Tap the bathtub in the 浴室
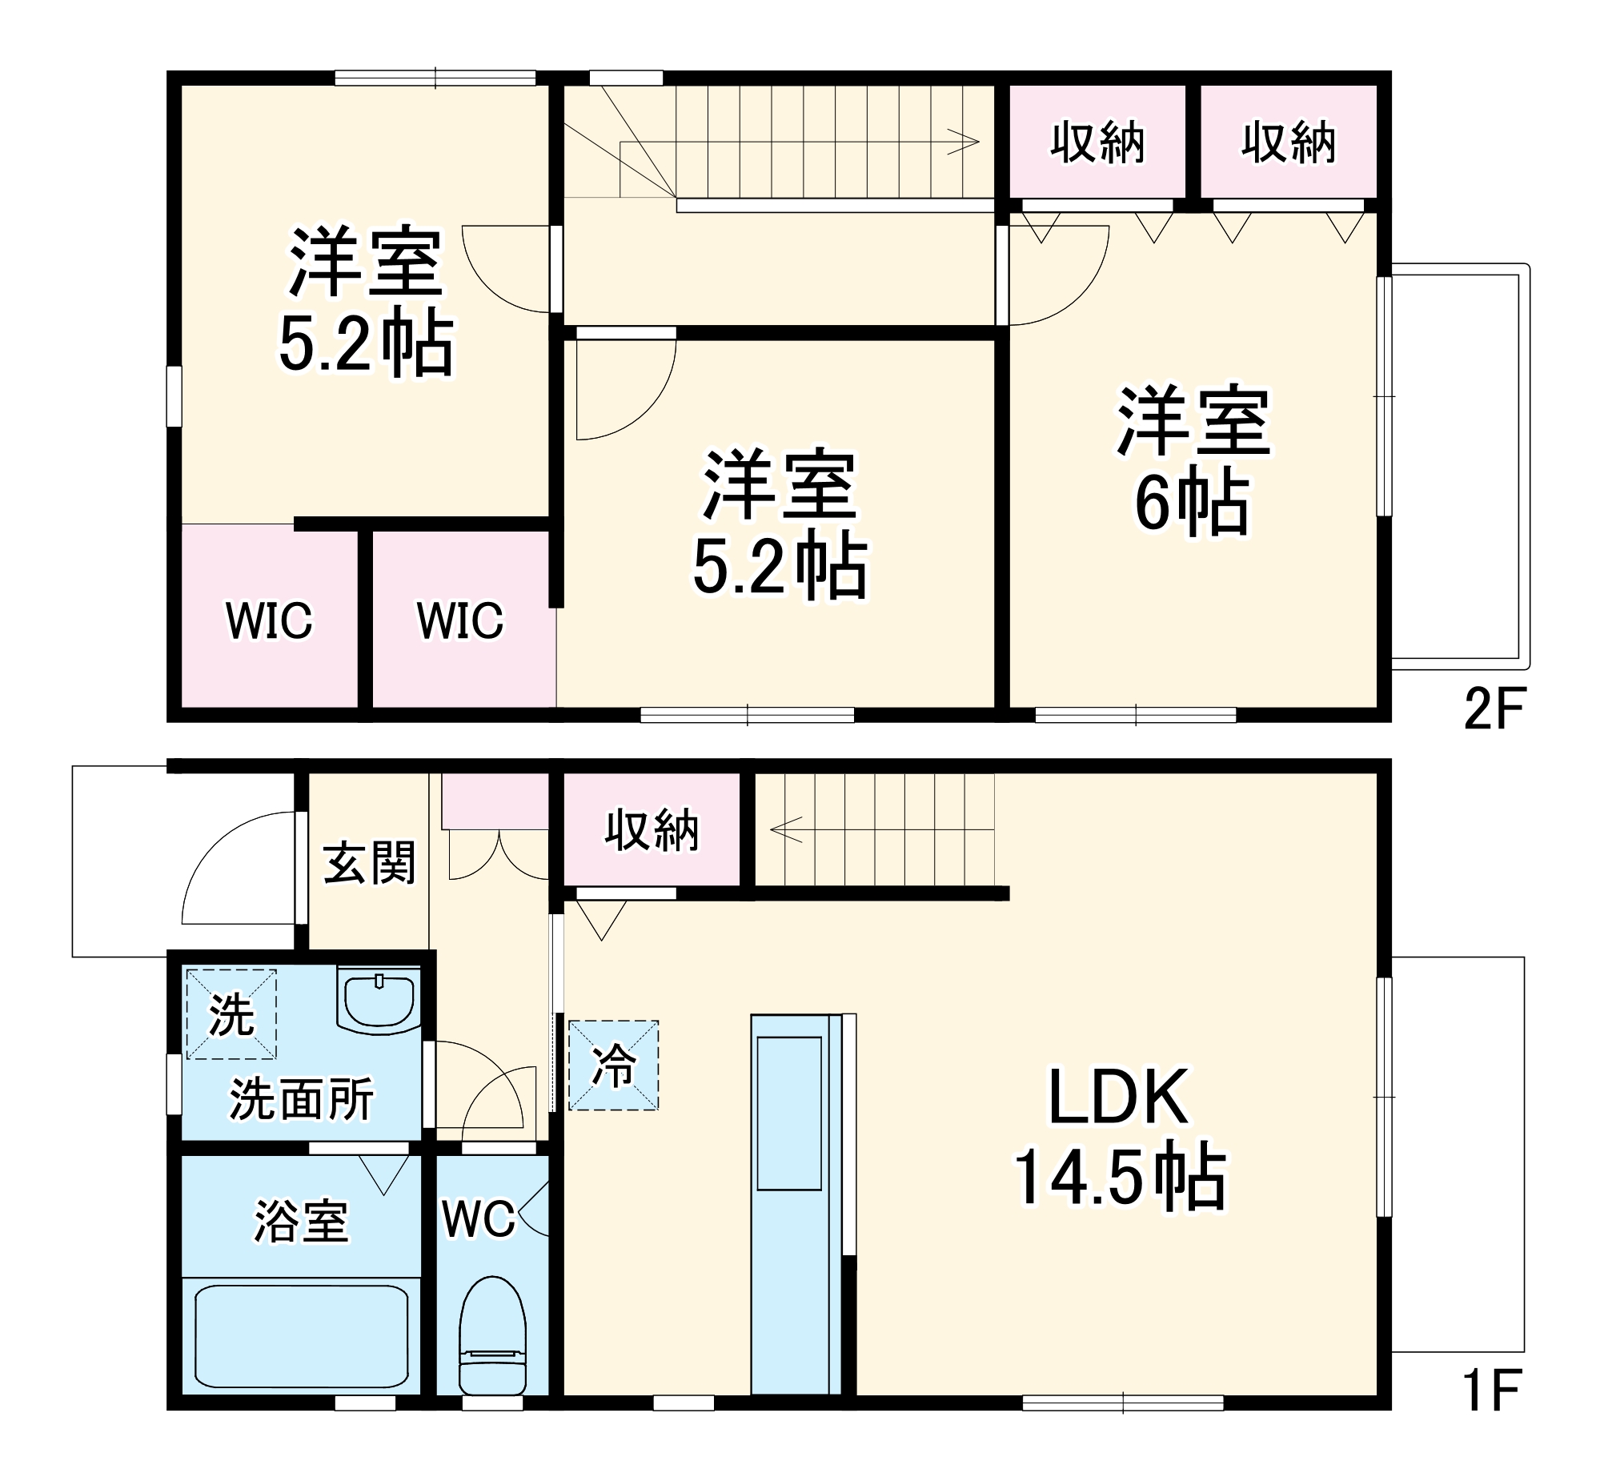pos(300,1336)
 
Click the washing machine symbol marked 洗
pos(231,1014)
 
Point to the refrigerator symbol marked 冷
pos(613,1065)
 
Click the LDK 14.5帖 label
pos(1119,1138)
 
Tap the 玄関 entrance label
pos(369,863)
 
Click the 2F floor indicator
pos(1494,708)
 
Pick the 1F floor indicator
pos(1491,1391)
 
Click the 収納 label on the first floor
pos(652,830)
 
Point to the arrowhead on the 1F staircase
pos(784,829)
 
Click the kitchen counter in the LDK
pos(795,1202)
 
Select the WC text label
pos(479,1219)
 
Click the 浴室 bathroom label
pos(301,1222)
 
